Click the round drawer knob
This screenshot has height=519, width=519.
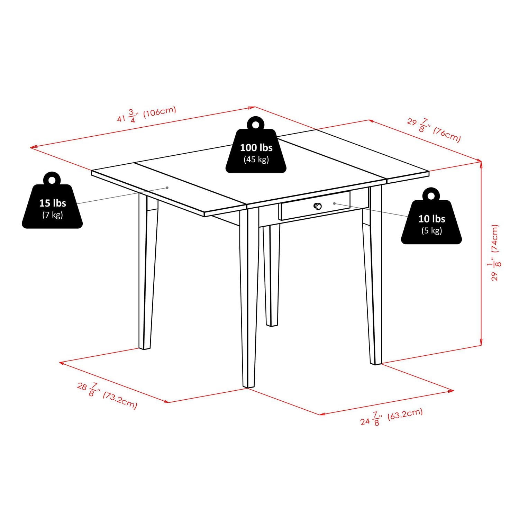click(318, 207)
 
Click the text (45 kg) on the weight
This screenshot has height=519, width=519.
click(256, 160)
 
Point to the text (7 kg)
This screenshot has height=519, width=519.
click(52, 215)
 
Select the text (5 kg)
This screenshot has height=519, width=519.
click(431, 230)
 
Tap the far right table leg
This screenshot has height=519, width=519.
click(374, 277)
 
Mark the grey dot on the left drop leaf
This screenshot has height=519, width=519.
click(167, 188)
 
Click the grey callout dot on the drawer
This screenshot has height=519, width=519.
click(334, 203)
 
